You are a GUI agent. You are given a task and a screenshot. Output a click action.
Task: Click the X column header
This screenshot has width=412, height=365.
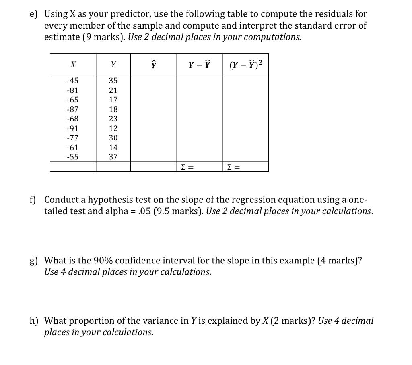[73, 64]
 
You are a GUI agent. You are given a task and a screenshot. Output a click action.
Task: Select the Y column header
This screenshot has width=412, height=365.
[113, 64]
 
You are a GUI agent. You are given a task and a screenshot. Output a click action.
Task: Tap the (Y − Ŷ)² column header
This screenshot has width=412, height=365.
[245, 64]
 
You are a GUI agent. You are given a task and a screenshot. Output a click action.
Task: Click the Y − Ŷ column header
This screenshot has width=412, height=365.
[200, 64]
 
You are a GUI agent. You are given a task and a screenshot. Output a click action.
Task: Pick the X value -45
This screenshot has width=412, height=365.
[72, 81]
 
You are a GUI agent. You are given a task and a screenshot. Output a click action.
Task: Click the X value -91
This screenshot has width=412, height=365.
[72, 129]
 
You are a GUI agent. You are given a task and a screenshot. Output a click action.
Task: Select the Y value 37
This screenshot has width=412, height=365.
[113, 157]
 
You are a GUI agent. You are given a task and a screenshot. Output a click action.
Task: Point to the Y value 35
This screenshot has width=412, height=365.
[113, 81]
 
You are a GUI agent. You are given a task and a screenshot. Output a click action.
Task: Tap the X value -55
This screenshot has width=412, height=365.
[72, 157]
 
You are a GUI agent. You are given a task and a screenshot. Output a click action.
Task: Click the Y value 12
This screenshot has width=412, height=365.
[113, 129]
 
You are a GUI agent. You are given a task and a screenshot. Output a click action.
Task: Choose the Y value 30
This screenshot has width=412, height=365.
[113, 138]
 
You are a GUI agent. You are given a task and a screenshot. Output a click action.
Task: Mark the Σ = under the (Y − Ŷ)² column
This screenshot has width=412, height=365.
[234, 167]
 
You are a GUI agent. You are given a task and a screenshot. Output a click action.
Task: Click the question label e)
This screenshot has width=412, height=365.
[33, 14]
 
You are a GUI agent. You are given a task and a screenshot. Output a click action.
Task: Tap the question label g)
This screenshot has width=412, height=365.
[33, 261]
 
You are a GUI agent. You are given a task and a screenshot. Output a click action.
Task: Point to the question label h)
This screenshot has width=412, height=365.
[34, 321]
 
